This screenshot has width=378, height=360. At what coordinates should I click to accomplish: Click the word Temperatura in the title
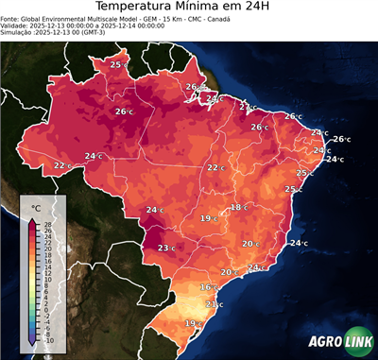click(141, 9)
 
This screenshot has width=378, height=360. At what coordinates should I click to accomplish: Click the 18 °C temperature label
click(237, 207)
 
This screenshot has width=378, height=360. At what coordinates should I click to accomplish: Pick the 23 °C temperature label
click(164, 248)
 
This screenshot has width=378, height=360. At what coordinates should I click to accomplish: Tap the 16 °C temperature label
click(207, 286)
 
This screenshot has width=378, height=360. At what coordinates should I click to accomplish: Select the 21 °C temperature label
click(213, 304)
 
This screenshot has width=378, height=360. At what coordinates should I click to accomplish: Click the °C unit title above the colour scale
click(35, 207)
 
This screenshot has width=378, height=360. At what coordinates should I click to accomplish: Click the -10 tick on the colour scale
click(49, 340)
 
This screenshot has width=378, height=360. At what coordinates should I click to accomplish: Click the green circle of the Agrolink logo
click(355, 342)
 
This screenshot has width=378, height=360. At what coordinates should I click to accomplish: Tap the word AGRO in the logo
click(324, 343)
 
